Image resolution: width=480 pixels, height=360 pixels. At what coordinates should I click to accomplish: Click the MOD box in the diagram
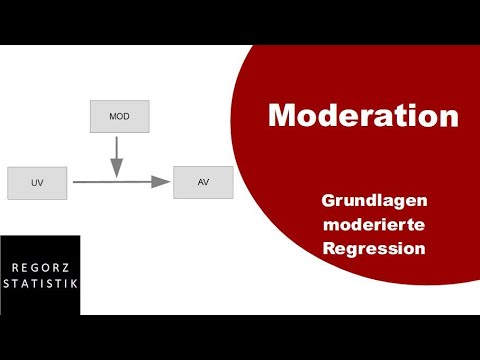point(119,116)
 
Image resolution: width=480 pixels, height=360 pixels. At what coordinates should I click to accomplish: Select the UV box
point(36,183)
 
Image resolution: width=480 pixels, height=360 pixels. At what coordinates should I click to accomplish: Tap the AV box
point(203,182)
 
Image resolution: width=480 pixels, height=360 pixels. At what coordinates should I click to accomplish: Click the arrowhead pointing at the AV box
point(160,182)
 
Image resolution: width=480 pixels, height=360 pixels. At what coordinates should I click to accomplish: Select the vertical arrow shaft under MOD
point(118,147)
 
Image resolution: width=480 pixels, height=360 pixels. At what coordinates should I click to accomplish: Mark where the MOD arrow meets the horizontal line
point(118,181)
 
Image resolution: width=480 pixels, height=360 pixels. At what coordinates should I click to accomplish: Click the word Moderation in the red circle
point(363,115)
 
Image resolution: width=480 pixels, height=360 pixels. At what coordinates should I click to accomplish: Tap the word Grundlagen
point(375,201)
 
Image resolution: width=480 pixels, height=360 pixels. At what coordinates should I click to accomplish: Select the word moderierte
point(375,224)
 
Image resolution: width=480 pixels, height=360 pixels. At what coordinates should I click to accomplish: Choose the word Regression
point(375,247)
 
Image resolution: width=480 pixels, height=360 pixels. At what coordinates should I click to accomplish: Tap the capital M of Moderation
point(282,115)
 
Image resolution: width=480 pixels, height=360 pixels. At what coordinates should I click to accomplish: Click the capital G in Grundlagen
point(328,201)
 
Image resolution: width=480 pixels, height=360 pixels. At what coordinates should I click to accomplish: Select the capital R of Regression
point(330,247)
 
